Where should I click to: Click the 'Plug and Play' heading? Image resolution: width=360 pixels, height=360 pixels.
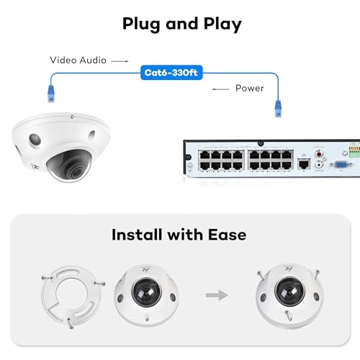[x=182, y=24]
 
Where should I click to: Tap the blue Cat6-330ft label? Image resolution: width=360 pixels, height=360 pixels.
[x=171, y=73]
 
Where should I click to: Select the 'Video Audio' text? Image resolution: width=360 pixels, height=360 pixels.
[x=78, y=60]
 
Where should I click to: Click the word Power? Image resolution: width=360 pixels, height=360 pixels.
[x=250, y=89]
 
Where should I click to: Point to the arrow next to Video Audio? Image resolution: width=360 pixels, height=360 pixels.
[x=120, y=61]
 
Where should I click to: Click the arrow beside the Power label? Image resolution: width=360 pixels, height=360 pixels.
[x=221, y=89]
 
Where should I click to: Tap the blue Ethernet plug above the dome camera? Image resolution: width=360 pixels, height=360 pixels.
[x=51, y=94]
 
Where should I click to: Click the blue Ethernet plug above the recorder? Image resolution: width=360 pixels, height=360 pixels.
[x=278, y=109]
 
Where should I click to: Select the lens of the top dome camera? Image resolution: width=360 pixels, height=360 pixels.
[x=77, y=171]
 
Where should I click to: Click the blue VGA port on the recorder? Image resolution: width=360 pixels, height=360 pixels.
[x=341, y=165]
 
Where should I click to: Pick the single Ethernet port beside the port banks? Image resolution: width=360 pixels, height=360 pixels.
[x=304, y=164]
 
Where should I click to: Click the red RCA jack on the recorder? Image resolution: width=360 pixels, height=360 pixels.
[x=319, y=153]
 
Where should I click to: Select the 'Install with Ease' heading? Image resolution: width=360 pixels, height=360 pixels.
[x=179, y=235]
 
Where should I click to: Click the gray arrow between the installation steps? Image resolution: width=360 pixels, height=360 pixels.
[x=217, y=295]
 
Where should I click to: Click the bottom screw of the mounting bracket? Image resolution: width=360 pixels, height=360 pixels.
[x=70, y=323]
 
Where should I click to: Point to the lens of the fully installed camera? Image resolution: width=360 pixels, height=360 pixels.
[x=290, y=291]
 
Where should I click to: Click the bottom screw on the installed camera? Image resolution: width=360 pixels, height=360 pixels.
[x=288, y=315]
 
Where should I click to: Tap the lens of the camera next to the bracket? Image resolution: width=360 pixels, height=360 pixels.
[x=146, y=292]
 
